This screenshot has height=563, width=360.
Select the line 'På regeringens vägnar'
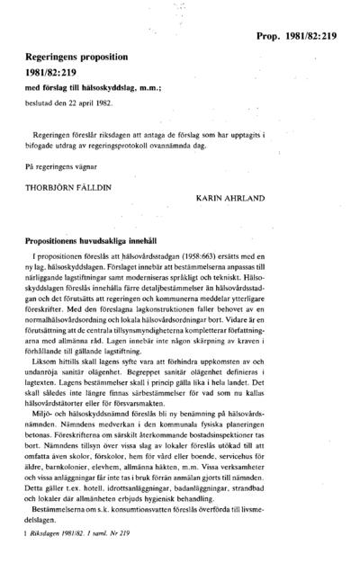[58, 166]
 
